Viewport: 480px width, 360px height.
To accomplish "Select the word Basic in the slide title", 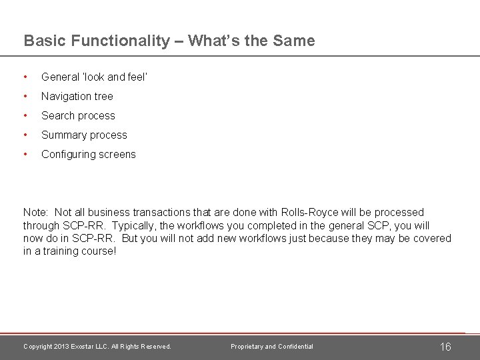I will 43,41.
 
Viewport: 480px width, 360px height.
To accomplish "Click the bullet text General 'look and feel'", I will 94,77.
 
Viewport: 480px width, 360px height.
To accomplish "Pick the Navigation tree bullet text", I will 77,96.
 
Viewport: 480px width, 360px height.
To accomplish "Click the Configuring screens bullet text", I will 88,154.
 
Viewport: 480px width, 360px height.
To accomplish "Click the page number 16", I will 445,347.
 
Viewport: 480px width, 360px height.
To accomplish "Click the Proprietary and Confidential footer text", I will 272,347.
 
